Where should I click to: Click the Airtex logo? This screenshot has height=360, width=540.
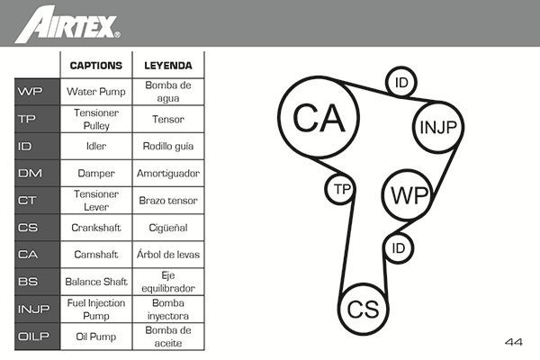tap(67, 22)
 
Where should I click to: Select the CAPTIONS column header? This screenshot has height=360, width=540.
tap(96, 66)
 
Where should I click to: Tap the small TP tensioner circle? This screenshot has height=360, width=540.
tap(340, 189)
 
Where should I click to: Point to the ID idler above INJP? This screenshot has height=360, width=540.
tap(401, 84)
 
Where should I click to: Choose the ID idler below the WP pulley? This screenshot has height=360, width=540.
tap(400, 246)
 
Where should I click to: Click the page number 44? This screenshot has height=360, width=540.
tap(514, 342)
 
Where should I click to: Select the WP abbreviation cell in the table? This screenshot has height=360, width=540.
tap(30, 91)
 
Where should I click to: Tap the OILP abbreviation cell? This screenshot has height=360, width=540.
tap(30, 337)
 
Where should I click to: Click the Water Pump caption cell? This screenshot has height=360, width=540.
tap(96, 91)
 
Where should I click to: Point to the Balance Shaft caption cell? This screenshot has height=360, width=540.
tap(96, 282)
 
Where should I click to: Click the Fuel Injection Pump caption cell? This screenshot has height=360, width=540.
tap(96, 309)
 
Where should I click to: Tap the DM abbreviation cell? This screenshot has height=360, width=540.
tap(30, 173)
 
